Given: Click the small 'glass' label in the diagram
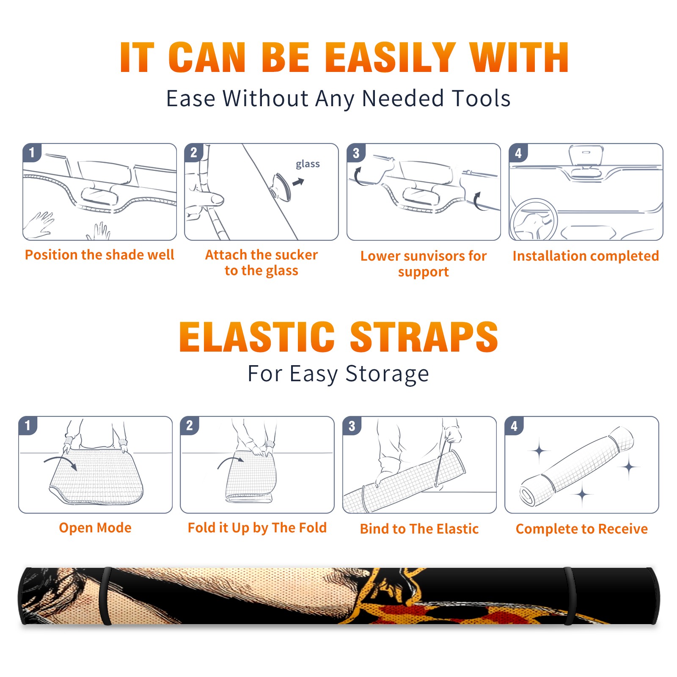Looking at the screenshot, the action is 308,164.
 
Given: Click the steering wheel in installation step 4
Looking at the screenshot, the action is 533,220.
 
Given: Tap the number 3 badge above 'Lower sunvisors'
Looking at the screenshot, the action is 356,153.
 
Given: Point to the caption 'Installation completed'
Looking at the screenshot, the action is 586,256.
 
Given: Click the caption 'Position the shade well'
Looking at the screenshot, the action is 99,255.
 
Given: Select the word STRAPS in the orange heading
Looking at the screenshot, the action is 424,337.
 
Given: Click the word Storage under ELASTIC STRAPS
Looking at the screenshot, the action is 387,374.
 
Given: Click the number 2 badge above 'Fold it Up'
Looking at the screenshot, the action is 190,425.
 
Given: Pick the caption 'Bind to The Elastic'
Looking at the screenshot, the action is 419,528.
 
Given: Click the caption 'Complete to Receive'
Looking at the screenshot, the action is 582,528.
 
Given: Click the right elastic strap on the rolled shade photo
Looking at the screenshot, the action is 570,596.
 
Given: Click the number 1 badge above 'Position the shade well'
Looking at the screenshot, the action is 32,153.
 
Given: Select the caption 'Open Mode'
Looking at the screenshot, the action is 95,528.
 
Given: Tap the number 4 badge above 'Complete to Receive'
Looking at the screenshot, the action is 514,426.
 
